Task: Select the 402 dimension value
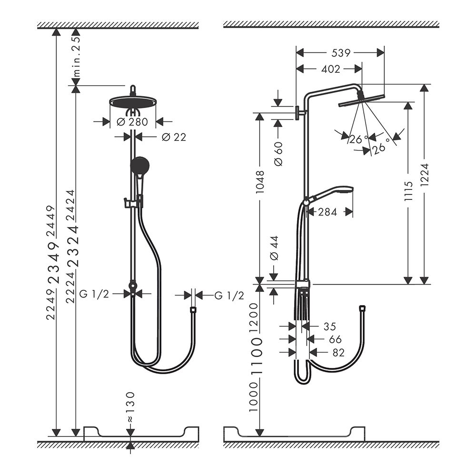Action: [x=330, y=69]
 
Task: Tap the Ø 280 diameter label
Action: [x=132, y=122]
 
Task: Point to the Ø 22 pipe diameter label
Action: [x=174, y=137]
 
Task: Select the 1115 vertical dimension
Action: [x=408, y=190]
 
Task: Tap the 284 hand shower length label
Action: [x=327, y=212]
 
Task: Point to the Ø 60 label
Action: [x=278, y=154]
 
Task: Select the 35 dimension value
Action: [x=329, y=327]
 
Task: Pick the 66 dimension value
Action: [x=335, y=339]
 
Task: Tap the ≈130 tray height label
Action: [x=130, y=407]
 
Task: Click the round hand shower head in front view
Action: [x=140, y=166]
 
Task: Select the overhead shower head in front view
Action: [x=133, y=101]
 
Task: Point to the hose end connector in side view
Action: [x=362, y=308]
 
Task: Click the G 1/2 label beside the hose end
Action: [x=229, y=296]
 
